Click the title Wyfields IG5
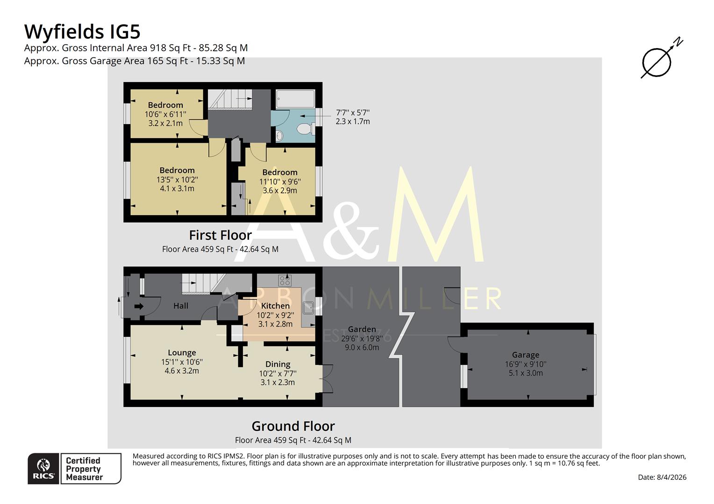[82, 32]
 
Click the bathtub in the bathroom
[295, 99]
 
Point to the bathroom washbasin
[279, 135]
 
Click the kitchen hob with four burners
[285, 280]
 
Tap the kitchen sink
[308, 308]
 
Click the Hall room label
[181, 306]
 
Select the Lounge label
[182, 353]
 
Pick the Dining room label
[278, 364]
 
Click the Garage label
[525, 355]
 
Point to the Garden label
[362, 329]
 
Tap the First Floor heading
[220, 235]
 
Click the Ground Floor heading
[293, 426]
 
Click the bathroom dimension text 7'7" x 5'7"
[352, 112]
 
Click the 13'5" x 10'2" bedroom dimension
[177, 179]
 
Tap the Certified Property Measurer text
[84, 469]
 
